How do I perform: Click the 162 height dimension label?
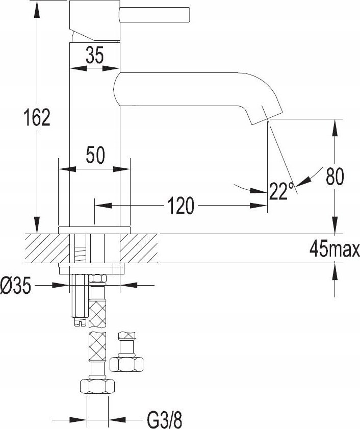(x=37, y=117)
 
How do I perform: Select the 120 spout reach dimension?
(x=181, y=205)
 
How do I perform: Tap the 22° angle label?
(x=281, y=191)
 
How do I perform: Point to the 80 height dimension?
(x=335, y=176)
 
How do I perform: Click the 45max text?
(x=335, y=249)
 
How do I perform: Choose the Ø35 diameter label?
(x=16, y=285)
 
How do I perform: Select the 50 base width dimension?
(x=95, y=155)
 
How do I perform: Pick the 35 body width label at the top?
(x=95, y=55)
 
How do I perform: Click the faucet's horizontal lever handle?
(x=155, y=14)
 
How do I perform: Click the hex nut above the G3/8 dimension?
(x=97, y=386)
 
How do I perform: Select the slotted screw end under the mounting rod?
(x=81, y=321)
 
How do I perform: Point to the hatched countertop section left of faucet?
(x=47, y=248)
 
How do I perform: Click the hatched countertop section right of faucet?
(x=139, y=248)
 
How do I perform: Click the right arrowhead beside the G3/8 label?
(x=117, y=420)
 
